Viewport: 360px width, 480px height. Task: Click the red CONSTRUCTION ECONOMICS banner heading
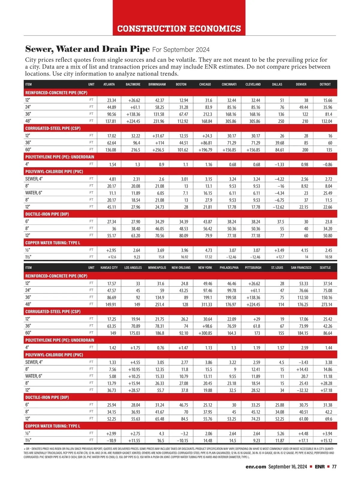click(179, 29)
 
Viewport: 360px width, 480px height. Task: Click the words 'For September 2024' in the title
click(181, 49)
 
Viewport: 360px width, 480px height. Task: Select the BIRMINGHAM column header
click(157, 84)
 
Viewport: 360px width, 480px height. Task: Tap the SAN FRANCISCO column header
click(301, 268)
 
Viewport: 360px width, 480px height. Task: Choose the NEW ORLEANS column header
click(181, 268)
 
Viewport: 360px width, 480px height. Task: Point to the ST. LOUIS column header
click(277, 268)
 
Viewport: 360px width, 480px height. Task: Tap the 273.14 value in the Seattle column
click(326, 304)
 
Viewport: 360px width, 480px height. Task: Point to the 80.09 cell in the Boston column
click(183, 236)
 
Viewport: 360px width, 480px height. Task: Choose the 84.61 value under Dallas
click(279, 150)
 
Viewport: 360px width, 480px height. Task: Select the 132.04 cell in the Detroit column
click(326, 121)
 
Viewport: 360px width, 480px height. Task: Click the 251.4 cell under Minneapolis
click(159, 304)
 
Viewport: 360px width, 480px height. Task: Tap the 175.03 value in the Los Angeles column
click(135, 333)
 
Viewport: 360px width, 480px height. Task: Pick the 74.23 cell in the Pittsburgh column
click(255, 419)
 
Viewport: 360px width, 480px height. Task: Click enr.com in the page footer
click(256, 466)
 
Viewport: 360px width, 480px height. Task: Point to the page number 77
click(334, 466)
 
